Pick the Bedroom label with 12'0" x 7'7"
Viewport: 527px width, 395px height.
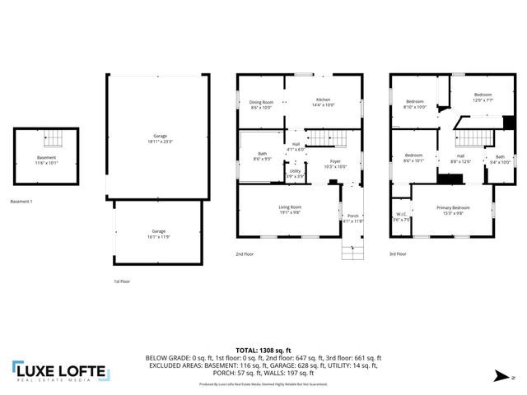483,95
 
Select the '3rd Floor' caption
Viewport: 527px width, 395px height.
398,254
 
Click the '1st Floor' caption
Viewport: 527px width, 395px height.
122,281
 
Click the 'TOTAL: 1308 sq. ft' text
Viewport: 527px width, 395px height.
263,351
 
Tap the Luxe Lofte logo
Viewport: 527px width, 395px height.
59,371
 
